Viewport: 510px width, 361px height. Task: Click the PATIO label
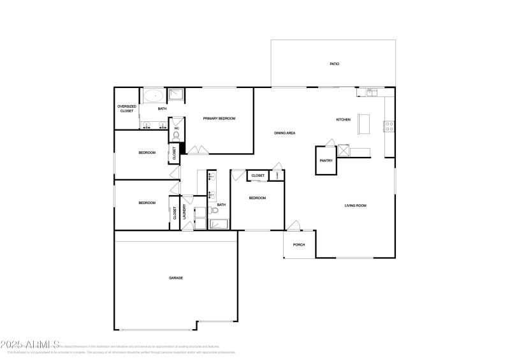point(334,64)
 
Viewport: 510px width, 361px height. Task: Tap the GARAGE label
point(176,277)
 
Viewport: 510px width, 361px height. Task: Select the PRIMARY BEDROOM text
point(219,119)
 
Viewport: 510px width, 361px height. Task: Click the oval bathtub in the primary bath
point(153,97)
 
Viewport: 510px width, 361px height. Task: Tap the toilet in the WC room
point(176,135)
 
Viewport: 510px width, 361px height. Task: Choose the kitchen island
point(365,123)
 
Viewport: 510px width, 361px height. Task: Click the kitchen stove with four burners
point(388,126)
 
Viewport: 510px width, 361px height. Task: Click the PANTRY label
point(326,161)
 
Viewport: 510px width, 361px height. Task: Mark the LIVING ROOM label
point(355,205)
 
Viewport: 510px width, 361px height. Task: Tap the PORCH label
point(298,245)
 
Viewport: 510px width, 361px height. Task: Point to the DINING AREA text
point(284,133)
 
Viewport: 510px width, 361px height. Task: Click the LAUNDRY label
point(185,211)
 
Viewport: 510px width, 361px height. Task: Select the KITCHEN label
point(343,119)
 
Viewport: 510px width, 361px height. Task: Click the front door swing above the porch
point(293,225)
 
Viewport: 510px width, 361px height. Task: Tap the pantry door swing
point(330,142)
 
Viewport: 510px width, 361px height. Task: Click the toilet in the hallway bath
point(215,209)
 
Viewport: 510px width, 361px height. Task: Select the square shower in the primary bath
point(176,96)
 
